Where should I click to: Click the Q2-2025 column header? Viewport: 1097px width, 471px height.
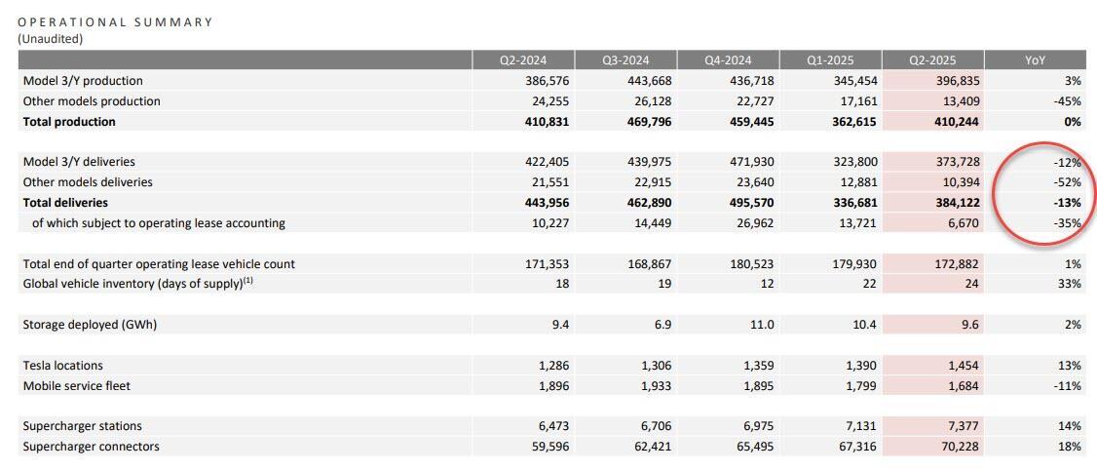[932, 60]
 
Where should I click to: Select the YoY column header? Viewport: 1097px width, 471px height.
[1035, 60]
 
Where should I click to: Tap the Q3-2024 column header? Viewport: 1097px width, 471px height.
[625, 60]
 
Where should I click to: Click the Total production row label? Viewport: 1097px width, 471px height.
[69, 122]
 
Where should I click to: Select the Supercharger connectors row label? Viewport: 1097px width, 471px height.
[91, 447]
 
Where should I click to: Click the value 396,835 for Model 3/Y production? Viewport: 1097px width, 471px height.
[957, 81]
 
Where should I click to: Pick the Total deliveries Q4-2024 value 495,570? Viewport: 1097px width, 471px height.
[751, 203]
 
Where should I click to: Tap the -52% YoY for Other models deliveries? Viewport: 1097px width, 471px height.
[1067, 182]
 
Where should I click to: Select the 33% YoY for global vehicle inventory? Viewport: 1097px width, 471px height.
[1070, 284]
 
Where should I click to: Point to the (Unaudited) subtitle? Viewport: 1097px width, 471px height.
[51, 38]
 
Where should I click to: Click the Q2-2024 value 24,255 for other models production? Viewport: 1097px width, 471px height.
[547, 101]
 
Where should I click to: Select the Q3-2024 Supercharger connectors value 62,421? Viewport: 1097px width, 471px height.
[649, 447]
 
